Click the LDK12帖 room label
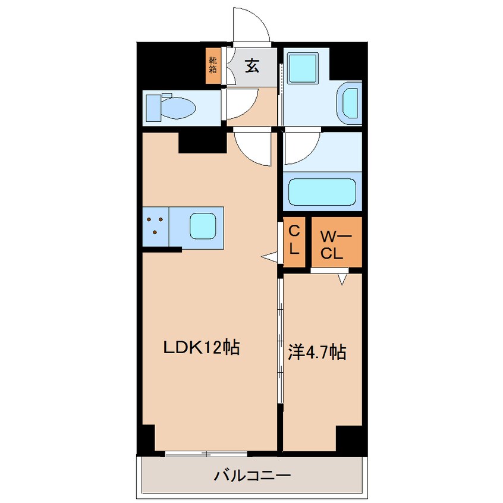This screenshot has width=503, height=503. coord(202,347)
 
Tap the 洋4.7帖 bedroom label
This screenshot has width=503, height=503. coord(317,352)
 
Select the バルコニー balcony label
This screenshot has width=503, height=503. coord(252,475)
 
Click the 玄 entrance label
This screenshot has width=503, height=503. coord(252,66)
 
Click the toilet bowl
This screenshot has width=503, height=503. coord(171,108)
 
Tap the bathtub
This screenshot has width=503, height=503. coord(322,191)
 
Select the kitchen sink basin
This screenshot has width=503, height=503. coord(202,226)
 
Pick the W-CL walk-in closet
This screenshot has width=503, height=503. coord(337,242)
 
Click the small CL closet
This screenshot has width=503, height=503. coord(294,242)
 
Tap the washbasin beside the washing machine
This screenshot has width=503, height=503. coord(350,103)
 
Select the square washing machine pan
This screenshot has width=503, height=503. coord(303,68)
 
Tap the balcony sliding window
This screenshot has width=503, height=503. coord(206,454)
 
